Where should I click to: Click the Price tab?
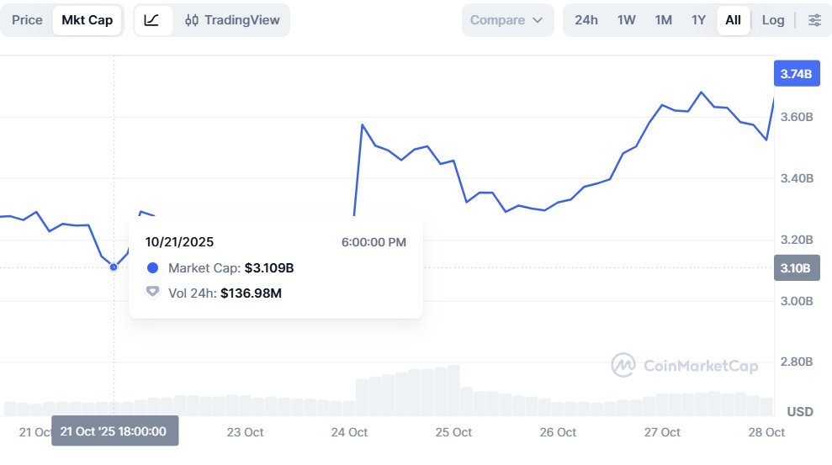[27, 20]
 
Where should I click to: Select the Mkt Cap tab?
[87, 20]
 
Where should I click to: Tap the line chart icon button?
[151, 20]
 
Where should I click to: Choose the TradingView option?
[232, 20]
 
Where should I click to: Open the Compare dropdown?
[507, 20]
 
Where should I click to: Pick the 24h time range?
[586, 20]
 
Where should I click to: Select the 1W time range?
[627, 20]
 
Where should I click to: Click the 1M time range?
[663, 20]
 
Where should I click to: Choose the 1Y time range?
[698, 20]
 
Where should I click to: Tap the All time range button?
[733, 20]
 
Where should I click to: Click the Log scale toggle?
[773, 20]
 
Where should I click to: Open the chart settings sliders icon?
[814, 20]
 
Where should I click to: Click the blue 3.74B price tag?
[796, 74]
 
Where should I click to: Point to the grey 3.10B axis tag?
[796, 269]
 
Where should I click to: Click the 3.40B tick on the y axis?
[796, 178]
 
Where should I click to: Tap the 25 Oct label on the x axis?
[453, 432]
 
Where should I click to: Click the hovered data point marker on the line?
[114, 267]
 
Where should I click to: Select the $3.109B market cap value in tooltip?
[269, 268]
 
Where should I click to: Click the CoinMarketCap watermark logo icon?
[623, 365]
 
